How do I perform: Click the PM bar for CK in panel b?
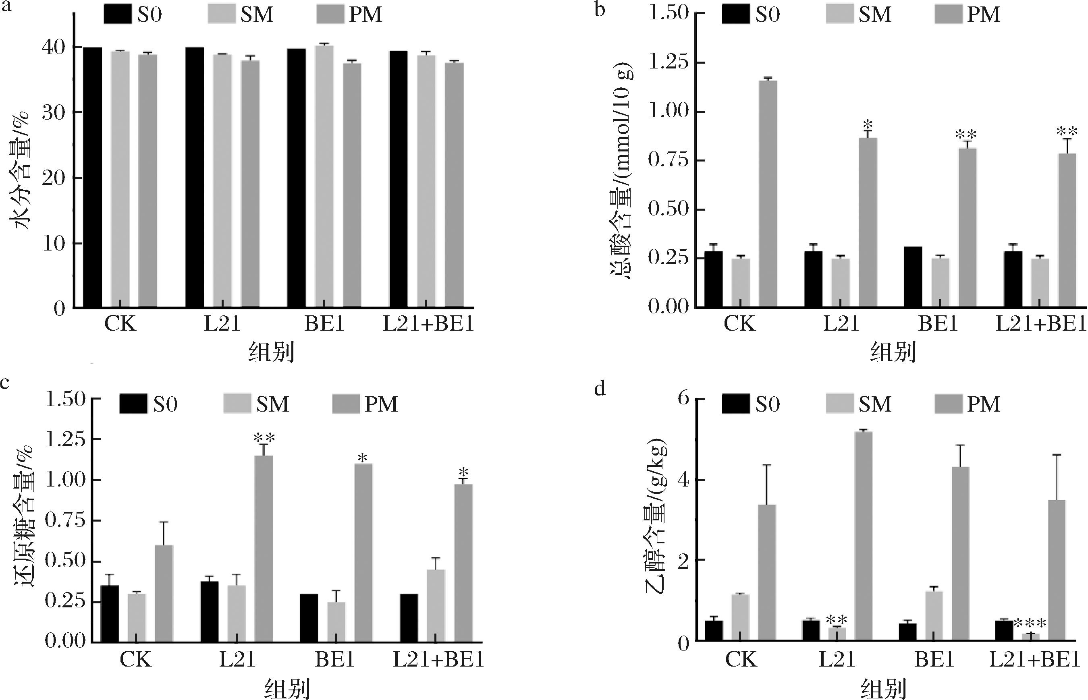(768, 194)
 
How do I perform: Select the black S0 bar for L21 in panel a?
(195, 177)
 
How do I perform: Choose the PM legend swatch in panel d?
(949, 404)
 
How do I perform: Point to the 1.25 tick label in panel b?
(667, 62)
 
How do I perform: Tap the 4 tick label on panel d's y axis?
(683, 480)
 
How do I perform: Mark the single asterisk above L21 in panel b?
(868, 124)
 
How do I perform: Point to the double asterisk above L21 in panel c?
(264, 438)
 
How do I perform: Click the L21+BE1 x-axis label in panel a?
(428, 324)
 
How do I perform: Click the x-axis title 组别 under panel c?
(287, 689)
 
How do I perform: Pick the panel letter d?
(600, 389)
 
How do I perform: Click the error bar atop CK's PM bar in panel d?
(768, 485)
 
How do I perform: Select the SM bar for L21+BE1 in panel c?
(436, 605)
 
